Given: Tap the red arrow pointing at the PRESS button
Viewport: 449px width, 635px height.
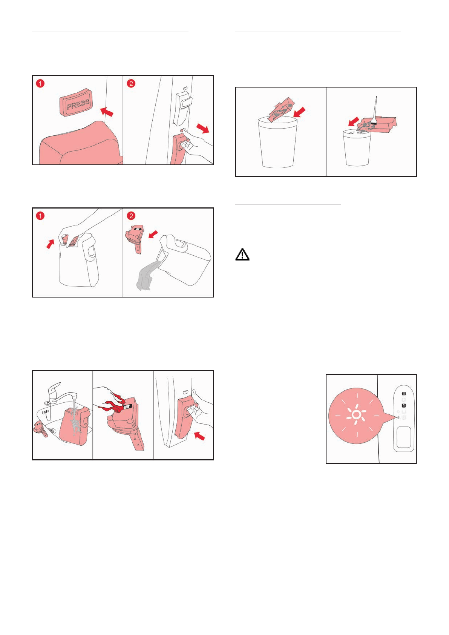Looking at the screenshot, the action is coord(107,111).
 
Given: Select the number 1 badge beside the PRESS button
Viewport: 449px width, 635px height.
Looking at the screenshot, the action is coord(40,84).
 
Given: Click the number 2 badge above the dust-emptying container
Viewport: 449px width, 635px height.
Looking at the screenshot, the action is coord(131,216).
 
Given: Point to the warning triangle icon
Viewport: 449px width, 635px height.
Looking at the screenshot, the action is coord(242,254).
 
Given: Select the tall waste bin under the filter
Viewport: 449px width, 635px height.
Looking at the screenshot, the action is coord(277,143).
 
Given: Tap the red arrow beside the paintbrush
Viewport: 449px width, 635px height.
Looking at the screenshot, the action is coord(354,121).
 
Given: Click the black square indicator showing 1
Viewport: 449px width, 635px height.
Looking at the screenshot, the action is coord(404,406).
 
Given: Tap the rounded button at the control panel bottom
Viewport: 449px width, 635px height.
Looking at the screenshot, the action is coord(404,437).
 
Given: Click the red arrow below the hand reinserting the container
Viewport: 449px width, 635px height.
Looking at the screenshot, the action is coord(199,436).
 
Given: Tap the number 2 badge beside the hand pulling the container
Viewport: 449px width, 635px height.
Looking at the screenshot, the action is coord(131,84).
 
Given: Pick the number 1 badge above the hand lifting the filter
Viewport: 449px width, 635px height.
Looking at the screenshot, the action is coord(40,216).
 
